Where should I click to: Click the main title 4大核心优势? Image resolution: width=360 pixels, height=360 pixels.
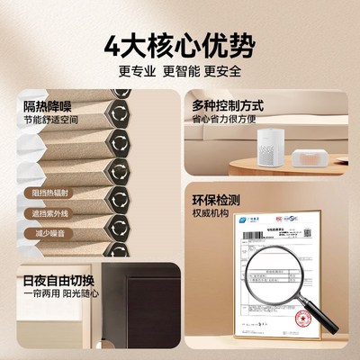click(180, 44)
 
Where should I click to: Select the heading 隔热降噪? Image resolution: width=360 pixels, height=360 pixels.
click(44, 107)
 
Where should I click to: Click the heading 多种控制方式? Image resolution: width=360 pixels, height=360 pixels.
click(224, 105)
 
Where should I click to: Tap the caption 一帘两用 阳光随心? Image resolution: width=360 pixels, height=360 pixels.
click(53, 293)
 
